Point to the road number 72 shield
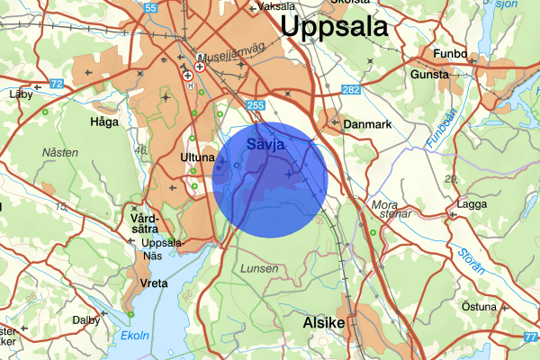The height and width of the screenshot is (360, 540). [x=58, y=84]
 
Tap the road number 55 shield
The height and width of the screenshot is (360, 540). [x=150, y=9]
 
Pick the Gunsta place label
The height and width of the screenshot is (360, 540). [x=429, y=75]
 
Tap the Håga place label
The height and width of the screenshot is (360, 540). [x=105, y=120]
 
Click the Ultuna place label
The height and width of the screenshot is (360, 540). [x=198, y=158]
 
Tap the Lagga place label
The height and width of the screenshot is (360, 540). [x=472, y=204]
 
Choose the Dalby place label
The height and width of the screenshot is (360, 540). [x=86, y=319]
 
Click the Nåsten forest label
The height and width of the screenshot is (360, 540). [x=59, y=153]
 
